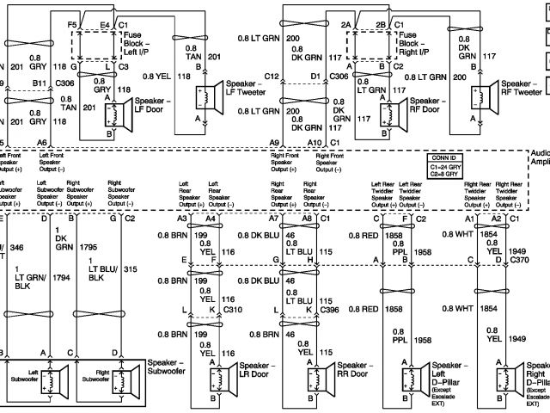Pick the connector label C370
pyautogui.click(x=518, y=258)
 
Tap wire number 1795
pyautogui.click(x=88, y=247)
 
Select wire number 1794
pyautogui.click(x=59, y=278)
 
